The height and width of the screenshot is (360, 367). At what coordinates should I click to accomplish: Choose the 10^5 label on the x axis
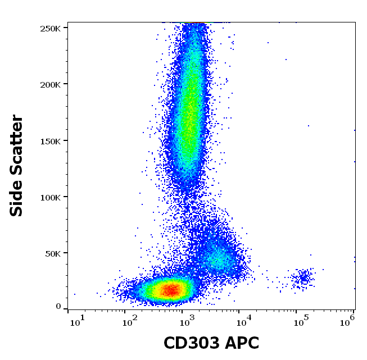[x=301, y=321]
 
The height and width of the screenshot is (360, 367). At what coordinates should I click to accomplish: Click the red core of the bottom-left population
[x=171, y=290]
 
